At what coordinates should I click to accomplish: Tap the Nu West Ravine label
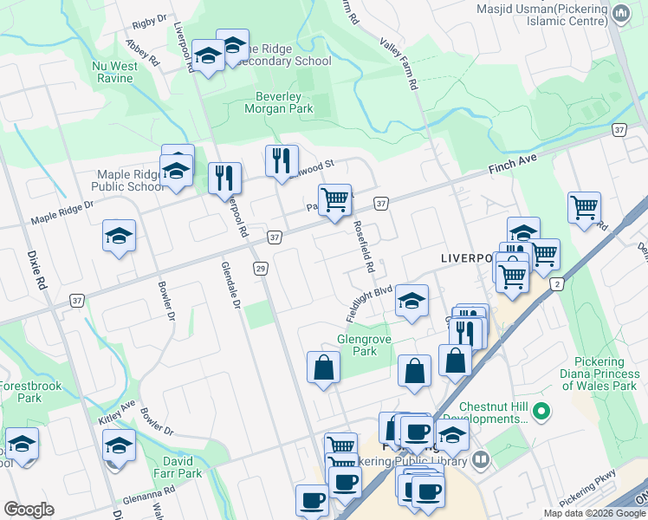pyautogui.click(x=113, y=72)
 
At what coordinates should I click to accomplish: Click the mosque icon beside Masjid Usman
pyautogui.click(x=620, y=13)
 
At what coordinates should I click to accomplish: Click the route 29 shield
pyautogui.click(x=259, y=270)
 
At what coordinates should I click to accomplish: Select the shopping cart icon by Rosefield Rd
pyautogui.click(x=334, y=199)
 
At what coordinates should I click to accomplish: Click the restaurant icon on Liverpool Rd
pyautogui.click(x=225, y=178)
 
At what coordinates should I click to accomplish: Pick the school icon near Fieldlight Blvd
pyautogui.click(x=412, y=301)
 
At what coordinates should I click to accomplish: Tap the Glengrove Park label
pyautogui.click(x=357, y=345)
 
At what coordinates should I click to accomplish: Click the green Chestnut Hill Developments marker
pyautogui.click(x=542, y=410)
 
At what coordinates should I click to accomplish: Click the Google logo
pyautogui.click(x=29, y=509)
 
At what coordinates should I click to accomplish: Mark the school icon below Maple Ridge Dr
pyautogui.click(x=119, y=236)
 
